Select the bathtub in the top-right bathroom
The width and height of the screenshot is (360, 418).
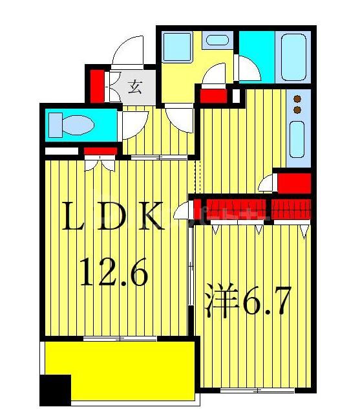point(294,57)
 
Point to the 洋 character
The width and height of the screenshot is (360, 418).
point(218,303)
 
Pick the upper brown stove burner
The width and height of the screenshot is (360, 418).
point(297,99)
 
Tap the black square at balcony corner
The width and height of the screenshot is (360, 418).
point(55,390)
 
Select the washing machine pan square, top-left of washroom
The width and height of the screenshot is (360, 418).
point(176,47)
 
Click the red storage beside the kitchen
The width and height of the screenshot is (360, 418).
point(294,183)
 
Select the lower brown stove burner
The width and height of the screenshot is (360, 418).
point(297,110)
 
